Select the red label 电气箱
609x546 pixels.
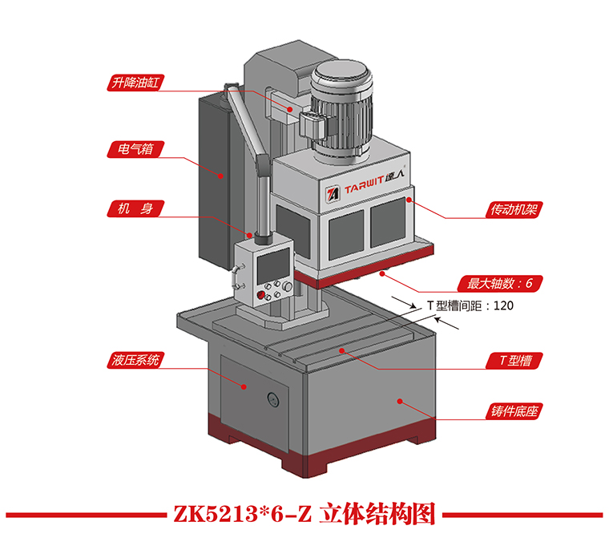click(133, 148)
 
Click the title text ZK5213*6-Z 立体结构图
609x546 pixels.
click(304, 514)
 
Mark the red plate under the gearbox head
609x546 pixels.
click(361, 273)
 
